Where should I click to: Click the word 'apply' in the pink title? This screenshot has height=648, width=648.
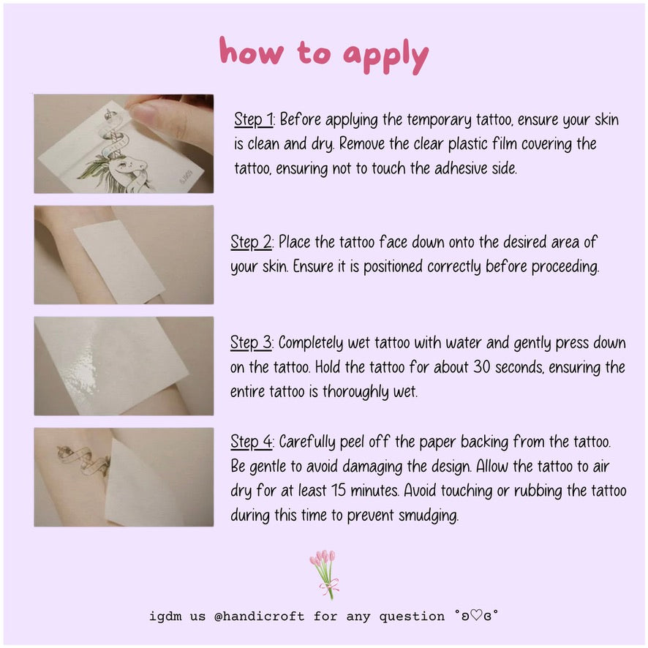(385, 56)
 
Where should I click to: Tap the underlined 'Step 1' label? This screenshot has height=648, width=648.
(253, 119)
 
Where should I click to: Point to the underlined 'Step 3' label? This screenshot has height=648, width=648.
(251, 343)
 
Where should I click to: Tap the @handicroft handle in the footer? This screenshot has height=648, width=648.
(259, 616)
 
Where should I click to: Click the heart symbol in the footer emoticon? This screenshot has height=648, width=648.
(476, 616)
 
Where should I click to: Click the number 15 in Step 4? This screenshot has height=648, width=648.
(338, 491)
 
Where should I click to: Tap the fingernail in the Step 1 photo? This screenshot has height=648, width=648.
(143, 112)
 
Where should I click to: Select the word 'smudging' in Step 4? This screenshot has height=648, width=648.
(428, 516)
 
